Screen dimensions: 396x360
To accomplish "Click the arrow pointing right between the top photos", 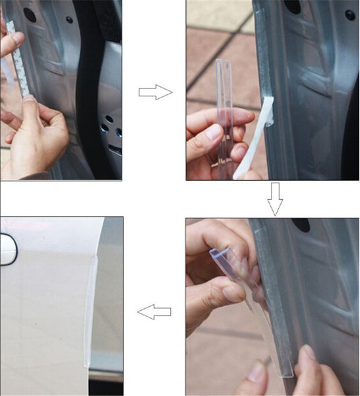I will pos(155,93).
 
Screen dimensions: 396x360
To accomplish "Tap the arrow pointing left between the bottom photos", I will pos(154,311).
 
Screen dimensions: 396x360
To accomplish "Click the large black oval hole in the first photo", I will pos(30,13).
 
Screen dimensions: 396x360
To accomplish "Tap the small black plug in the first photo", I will pos(69,19).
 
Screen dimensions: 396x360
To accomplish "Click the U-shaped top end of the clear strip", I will pos(218,252).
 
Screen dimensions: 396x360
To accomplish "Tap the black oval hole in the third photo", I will pos(301,225).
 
